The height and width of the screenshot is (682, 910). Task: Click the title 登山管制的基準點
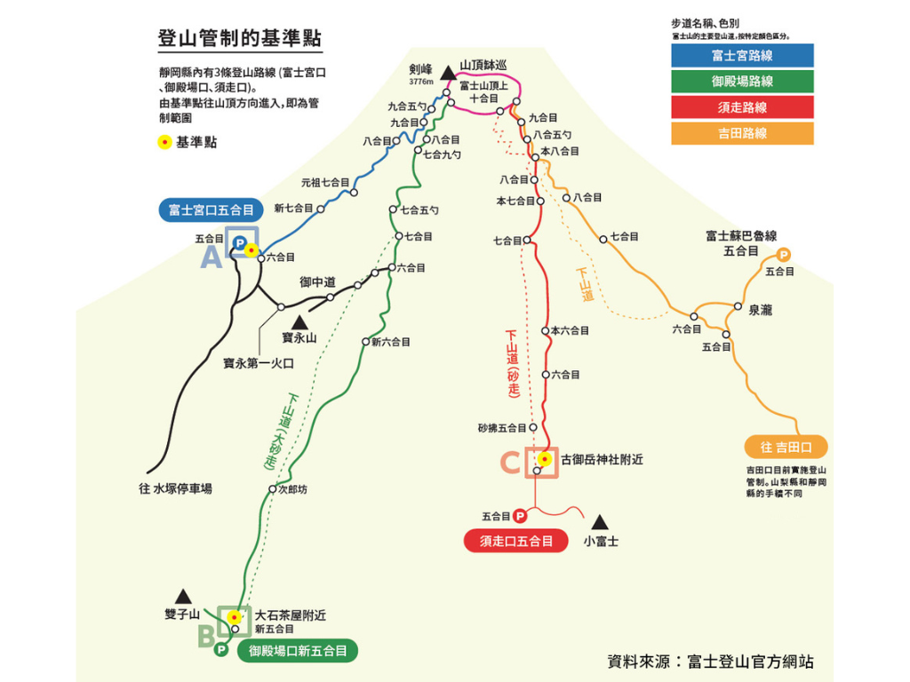click(239, 40)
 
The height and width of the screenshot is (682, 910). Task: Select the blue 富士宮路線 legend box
click(742, 56)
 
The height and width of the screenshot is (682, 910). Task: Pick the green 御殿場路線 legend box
click(742, 82)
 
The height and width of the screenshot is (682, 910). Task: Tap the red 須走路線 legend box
click(742, 107)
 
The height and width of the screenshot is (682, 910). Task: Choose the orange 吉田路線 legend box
click(742, 133)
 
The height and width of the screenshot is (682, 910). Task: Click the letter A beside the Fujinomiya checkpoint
click(212, 258)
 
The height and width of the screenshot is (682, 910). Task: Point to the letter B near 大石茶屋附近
click(206, 635)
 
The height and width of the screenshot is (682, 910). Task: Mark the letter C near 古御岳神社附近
click(510, 463)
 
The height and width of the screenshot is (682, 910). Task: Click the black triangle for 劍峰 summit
click(447, 67)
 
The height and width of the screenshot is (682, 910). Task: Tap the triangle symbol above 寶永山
click(299, 321)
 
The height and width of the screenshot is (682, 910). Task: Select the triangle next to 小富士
click(601, 521)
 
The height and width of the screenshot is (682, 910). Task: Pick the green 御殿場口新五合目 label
click(298, 651)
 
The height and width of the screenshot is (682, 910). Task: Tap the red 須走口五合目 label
click(516, 540)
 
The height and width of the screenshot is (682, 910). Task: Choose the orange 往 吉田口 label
click(786, 446)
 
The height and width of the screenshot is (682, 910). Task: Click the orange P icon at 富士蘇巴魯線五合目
click(784, 255)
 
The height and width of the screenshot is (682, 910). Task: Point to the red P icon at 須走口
click(520, 515)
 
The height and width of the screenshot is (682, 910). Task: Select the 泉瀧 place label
click(760, 309)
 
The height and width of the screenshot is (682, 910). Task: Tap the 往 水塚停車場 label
click(175, 488)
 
